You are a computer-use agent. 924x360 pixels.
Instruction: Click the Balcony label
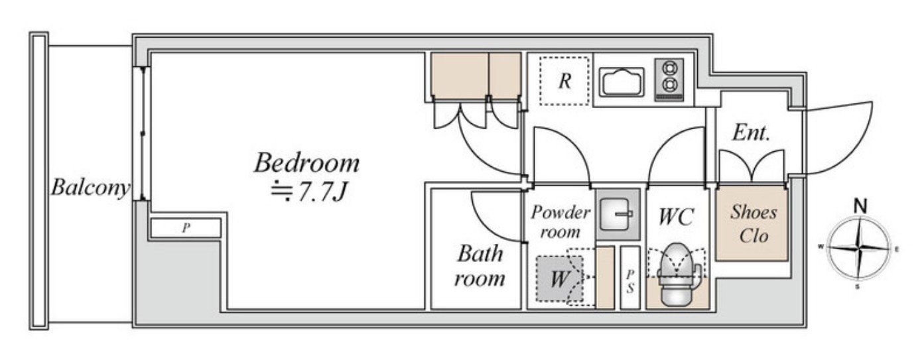(90, 188)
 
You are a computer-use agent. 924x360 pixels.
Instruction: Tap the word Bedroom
(306, 162)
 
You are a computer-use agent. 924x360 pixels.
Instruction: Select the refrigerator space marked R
(564, 81)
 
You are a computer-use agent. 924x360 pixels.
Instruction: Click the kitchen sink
(622, 82)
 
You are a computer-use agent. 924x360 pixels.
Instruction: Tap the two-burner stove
(669, 80)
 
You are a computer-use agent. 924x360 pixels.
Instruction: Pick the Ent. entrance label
(751, 133)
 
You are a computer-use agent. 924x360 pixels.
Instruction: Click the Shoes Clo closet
(752, 223)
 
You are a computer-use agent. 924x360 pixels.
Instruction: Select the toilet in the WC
(676, 274)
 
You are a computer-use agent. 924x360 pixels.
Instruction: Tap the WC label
(676, 217)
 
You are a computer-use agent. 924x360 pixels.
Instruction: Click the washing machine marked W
(560, 278)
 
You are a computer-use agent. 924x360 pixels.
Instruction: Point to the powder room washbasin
(618, 214)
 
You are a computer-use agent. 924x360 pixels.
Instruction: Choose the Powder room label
(561, 222)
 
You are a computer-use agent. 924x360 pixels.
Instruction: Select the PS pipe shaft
(630, 278)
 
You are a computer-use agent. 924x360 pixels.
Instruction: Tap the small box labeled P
(186, 227)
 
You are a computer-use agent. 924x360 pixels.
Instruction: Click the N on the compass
(860, 206)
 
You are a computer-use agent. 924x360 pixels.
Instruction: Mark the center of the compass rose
(859, 249)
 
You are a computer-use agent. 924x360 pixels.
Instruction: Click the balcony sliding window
(141, 134)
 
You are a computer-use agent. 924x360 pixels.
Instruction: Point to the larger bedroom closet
(460, 76)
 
